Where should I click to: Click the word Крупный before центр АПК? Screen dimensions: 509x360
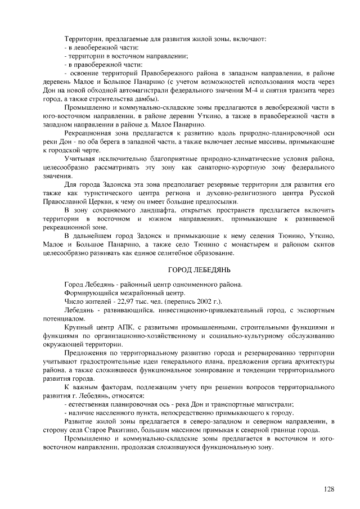click(79, 327)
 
